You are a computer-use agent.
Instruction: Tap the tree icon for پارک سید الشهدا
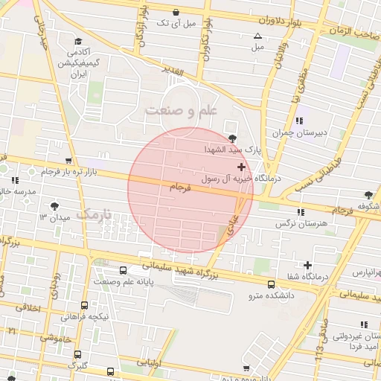tap(234, 138)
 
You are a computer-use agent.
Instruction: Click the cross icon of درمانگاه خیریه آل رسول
tap(240, 167)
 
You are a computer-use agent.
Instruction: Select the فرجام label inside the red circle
tap(180, 189)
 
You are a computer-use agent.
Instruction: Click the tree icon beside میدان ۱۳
tap(54, 206)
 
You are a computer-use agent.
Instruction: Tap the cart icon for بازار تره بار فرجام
tap(69, 161)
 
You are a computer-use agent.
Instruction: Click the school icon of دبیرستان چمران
tap(299, 121)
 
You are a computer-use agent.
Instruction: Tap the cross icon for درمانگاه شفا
tap(307, 265)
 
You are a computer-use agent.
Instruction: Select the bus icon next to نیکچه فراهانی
tap(84, 305)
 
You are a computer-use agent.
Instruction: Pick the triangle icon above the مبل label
tap(257, 36)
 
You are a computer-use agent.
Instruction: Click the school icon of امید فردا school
tap(365, 324)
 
